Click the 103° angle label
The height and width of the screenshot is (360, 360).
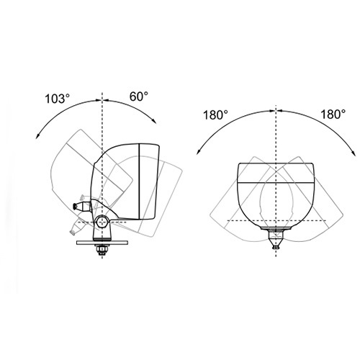58,99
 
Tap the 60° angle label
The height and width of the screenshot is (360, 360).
139,96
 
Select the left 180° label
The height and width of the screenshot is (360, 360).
215,114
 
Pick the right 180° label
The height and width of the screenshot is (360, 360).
333,114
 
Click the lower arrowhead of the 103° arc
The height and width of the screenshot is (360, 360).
37,136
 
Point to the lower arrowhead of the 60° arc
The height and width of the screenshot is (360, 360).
154,121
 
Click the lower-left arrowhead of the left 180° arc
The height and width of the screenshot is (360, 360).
199,152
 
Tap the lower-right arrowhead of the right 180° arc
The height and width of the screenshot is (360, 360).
354,153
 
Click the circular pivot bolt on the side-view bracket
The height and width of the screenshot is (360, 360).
102,222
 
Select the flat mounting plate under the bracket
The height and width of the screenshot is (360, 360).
102,243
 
